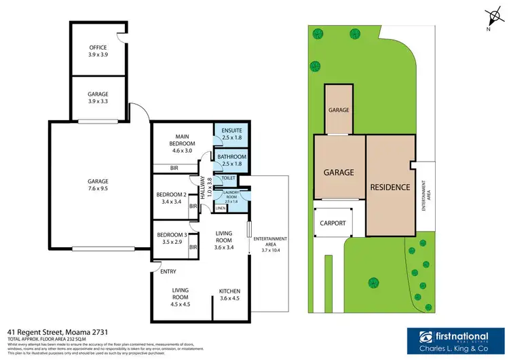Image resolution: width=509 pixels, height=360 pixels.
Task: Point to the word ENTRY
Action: (x=168, y=272)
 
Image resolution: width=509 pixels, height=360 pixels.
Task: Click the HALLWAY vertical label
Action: (x=206, y=182)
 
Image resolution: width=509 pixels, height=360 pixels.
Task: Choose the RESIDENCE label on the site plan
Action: (x=390, y=187)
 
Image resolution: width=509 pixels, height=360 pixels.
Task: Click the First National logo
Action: (x=451, y=339)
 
